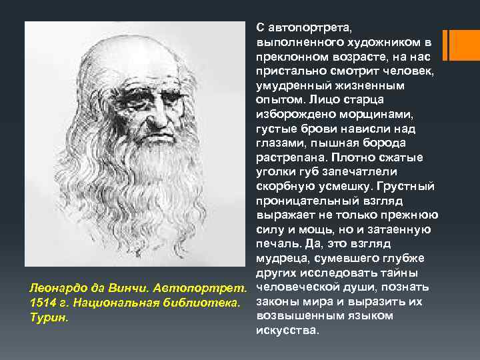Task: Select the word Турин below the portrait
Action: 47,318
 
